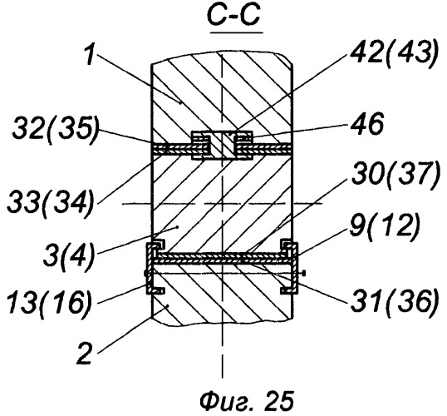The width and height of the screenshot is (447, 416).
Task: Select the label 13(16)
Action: (49, 301)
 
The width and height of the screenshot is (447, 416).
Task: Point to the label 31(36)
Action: (394, 300)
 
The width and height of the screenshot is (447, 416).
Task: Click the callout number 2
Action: (85, 354)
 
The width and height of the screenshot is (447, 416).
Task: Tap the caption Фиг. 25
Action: (247, 401)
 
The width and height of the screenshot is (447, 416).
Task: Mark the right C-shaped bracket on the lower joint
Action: (290, 268)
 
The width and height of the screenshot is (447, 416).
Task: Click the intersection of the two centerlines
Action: (222, 204)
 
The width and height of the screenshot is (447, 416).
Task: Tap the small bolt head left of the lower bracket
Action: (145, 273)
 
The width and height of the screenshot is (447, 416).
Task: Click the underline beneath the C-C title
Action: (236, 32)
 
